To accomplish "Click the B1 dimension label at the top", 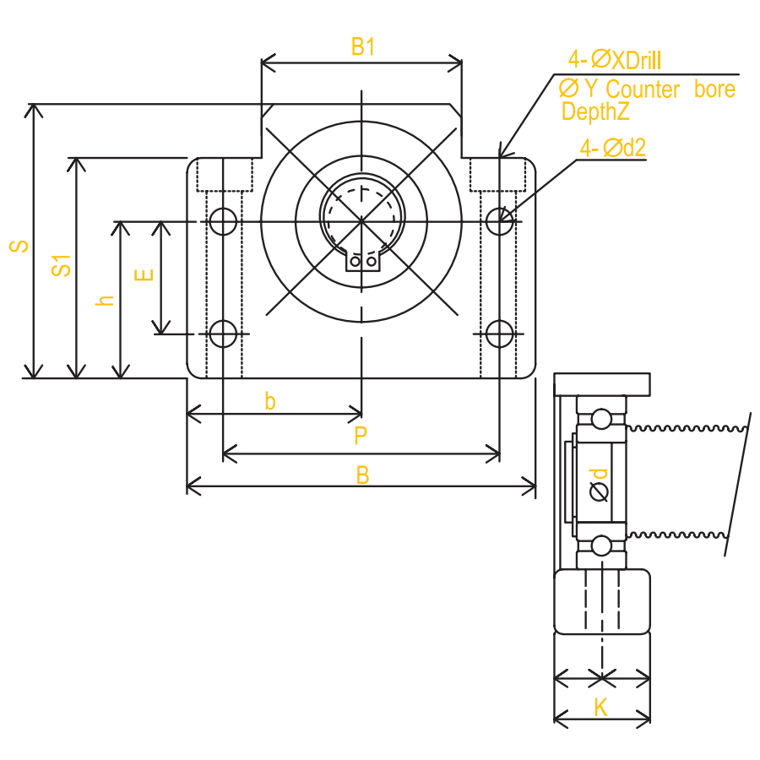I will click(x=363, y=47).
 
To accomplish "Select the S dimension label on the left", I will click(x=19, y=246).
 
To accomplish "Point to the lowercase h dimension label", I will click(x=105, y=300).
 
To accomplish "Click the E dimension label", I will click(x=144, y=275).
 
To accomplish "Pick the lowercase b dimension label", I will click(x=270, y=401).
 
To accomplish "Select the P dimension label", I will click(x=361, y=436).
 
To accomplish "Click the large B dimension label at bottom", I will click(x=362, y=475).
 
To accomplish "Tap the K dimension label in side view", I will click(x=601, y=708).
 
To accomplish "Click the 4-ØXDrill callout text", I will click(x=615, y=59).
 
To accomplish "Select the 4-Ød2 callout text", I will click(x=613, y=148).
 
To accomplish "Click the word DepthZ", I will click(x=595, y=111).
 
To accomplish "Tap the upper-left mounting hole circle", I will click(x=223, y=221).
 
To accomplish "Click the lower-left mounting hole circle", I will click(x=223, y=334).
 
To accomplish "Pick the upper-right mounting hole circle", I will click(x=500, y=221).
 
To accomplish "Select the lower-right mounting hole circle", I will click(x=500, y=334).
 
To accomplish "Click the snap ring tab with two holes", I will click(x=362, y=263).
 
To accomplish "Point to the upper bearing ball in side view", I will click(x=601, y=418).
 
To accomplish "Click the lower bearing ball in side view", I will click(x=601, y=546).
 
